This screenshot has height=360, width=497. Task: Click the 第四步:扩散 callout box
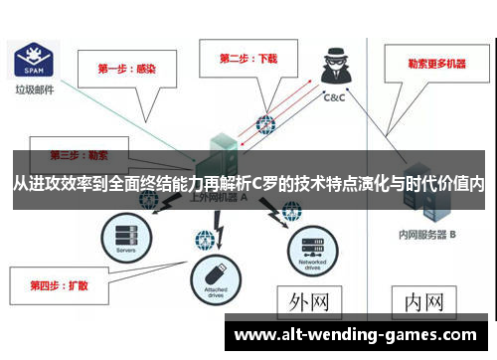[60, 284]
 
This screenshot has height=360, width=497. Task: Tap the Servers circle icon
[124, 238]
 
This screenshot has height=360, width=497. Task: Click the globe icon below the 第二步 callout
[264, 124]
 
